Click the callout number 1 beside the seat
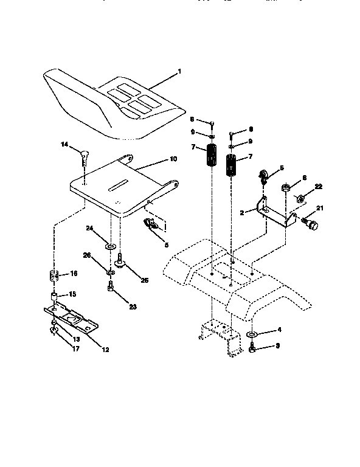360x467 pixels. click(x=179, y=72)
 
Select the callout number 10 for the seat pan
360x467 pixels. click(x=173, y=159)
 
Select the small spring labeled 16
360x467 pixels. click(x=53, y=274)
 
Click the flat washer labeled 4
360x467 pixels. click(x=252, y=335)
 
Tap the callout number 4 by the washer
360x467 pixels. click(x=280, y=330)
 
